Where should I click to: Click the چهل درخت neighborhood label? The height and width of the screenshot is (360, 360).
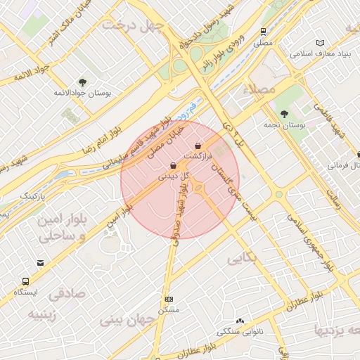(x=132, y=25)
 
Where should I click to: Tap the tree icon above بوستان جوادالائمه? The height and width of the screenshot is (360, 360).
(x=82, y=82)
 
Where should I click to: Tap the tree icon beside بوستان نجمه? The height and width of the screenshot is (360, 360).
(x=284, y=114)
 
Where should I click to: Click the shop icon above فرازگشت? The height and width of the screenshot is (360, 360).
(x=198, y=146)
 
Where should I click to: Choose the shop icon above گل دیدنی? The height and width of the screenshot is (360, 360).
(x=174, y=166)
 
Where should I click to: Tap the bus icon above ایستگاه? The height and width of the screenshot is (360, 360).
(x=27, y=280)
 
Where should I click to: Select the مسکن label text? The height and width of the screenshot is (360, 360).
(x=169, y=309)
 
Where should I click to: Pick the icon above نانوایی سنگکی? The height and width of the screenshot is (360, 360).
(x=240, y=321)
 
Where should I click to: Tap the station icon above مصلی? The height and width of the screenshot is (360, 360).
(x=263, y=32)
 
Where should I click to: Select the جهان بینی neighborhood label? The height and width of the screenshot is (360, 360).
(x=127, y=320)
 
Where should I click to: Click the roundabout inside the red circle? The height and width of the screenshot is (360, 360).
(x=198, y=186)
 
